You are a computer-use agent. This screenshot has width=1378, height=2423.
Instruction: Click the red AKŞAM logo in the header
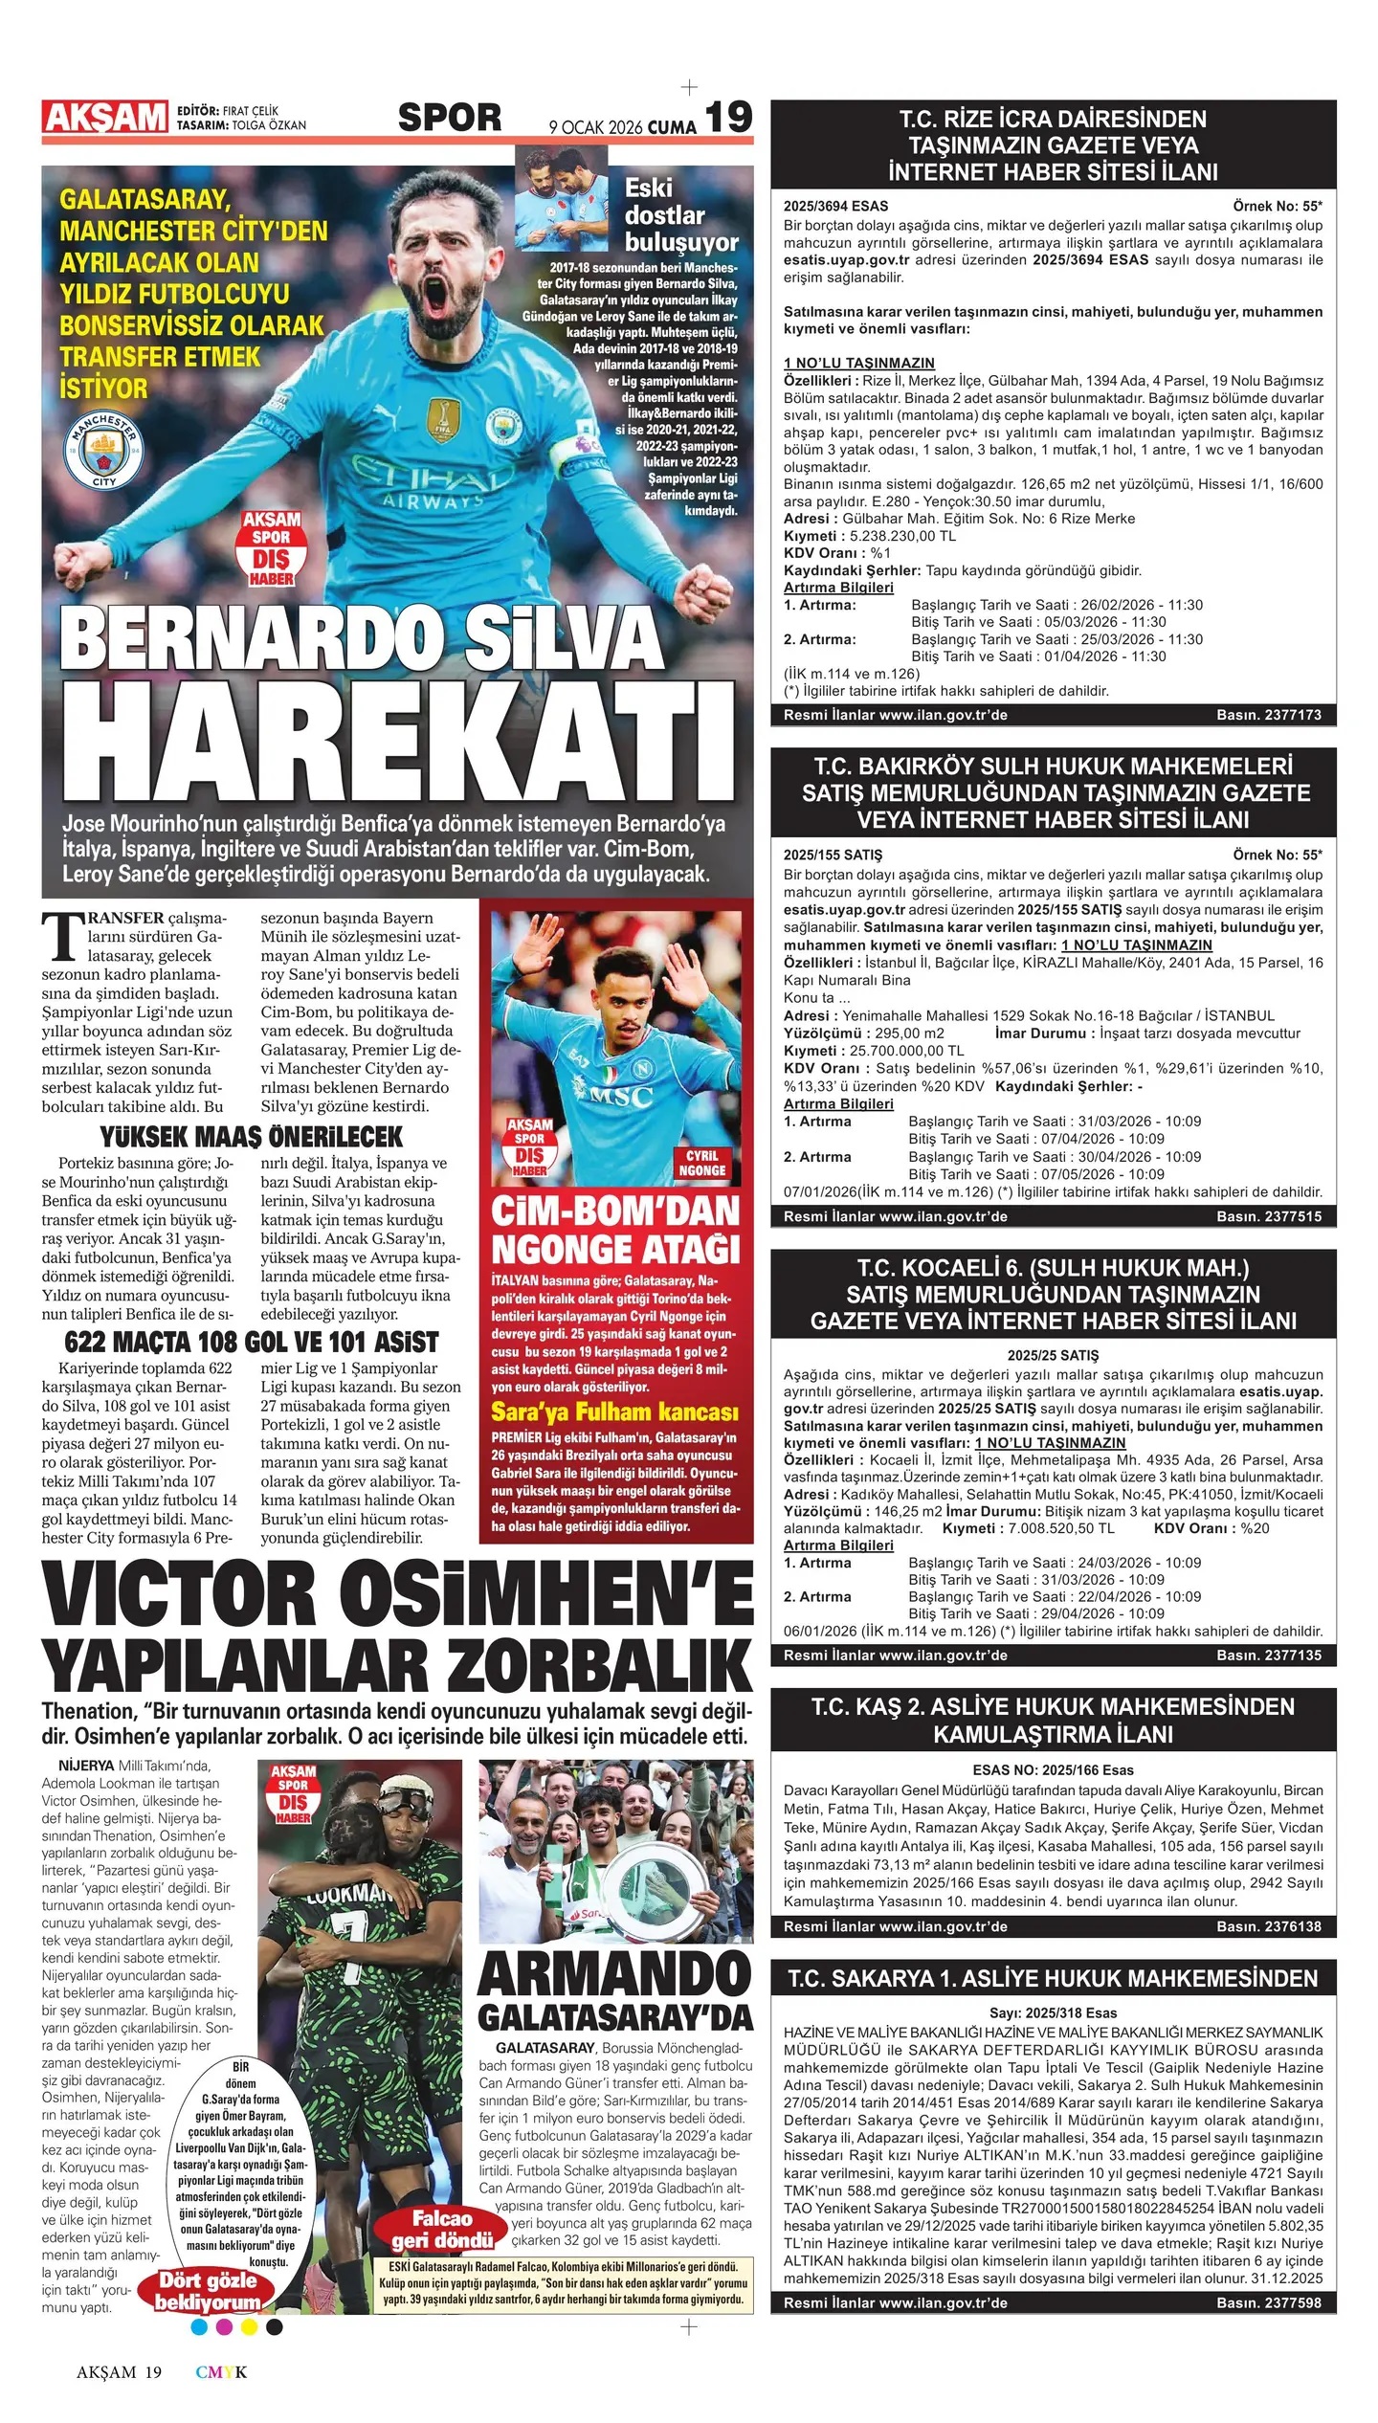coord(105,118)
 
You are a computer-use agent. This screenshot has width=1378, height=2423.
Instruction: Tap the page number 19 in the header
coord(729,118)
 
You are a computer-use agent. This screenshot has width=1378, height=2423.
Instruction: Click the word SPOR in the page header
coord(449,118)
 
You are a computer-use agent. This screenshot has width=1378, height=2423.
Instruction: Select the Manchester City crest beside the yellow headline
coord(104,450)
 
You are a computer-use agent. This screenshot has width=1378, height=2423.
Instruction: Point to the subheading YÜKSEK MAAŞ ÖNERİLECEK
coord(252,1137)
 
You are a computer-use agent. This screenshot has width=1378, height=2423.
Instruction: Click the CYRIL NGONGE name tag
coord(702,1163)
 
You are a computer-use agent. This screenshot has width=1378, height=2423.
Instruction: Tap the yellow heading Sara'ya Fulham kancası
coord(614,1412)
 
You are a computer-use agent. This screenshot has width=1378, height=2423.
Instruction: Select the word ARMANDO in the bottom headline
coord(614,1972)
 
